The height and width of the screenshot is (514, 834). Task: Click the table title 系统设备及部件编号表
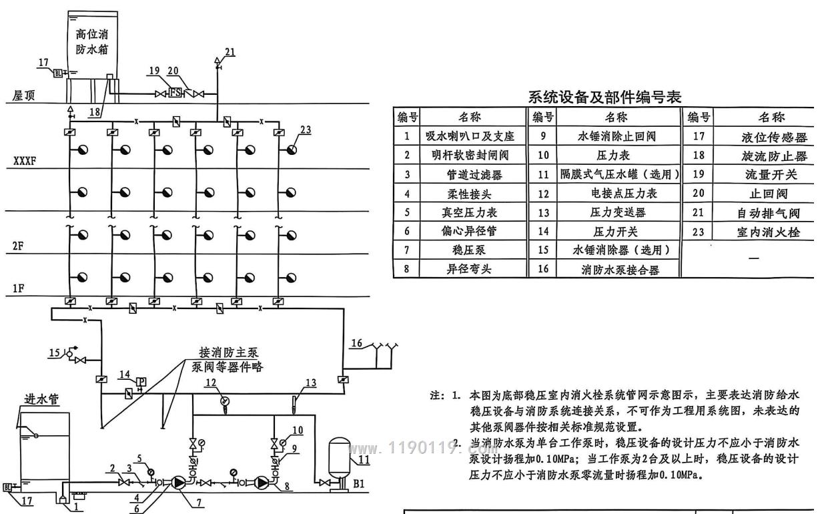[x=604, y=97]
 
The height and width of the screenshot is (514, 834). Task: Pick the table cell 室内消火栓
[x=767, y=232]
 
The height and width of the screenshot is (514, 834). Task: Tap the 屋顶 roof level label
[x=24, y=96]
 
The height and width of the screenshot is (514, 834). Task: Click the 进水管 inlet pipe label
[x=41, y=399]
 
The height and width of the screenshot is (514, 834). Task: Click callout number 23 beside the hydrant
[x=306, y=130]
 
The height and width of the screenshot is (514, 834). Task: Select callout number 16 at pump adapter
[x=358, y=343]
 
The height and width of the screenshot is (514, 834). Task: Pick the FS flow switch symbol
[x=175, y=93]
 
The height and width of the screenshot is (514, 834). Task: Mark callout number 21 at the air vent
[x=230, y=51]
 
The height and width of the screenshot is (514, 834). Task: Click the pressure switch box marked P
[x=141, y=382]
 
